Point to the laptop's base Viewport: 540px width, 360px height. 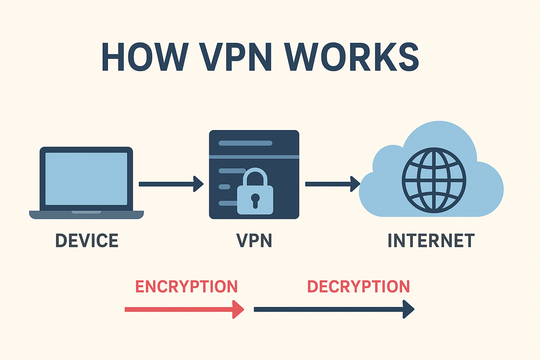[x=86, y=214]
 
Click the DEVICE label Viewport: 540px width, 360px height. [x=86, y=241]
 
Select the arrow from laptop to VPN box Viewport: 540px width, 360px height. [x=171, y=183]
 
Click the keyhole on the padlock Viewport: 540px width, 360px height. [x=255, y=200]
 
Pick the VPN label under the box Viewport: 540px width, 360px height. [x=254, y=241]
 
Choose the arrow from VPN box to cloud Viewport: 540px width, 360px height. [x=332, y=183]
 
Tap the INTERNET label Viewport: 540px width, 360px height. [x=431, y=241]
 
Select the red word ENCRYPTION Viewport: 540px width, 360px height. [x=186, y=287]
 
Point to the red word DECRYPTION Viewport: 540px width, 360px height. [x=358, y=287]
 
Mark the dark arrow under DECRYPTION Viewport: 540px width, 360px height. [x=333, y=309]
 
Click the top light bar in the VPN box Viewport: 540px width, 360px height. [x=245, y=143]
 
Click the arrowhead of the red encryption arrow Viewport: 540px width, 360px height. [x=238, y=309]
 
